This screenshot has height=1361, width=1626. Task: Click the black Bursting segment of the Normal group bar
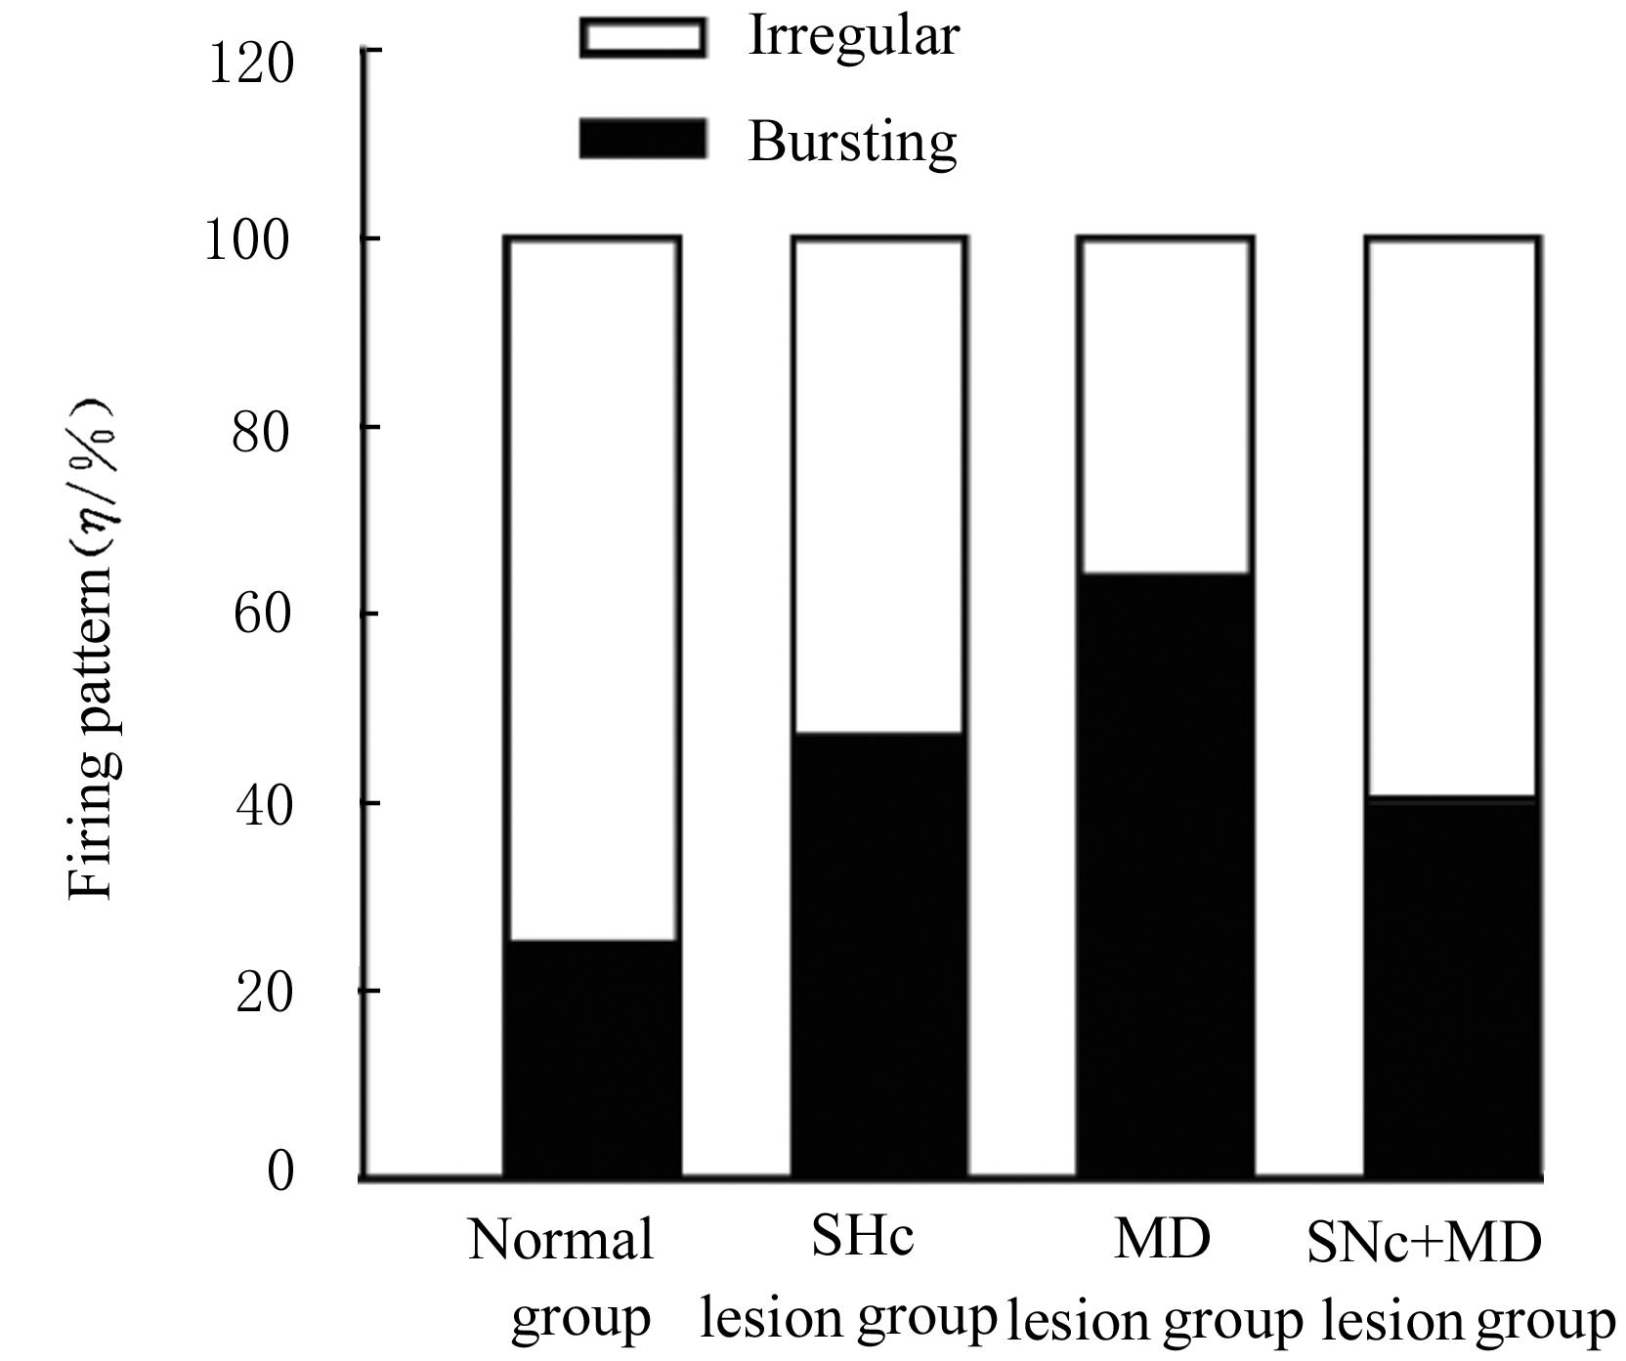592,1058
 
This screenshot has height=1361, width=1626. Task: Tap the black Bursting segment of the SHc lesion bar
879,954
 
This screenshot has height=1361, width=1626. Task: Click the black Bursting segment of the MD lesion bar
1165,874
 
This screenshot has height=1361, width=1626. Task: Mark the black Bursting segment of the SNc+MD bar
1452,987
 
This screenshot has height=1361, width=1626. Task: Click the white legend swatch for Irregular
642,38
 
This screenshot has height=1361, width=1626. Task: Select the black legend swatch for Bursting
642,139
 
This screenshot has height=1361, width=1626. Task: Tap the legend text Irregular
853,38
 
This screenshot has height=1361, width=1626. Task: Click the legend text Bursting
852,143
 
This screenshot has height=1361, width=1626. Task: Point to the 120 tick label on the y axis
251,64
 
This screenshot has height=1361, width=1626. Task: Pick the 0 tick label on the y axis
279,1170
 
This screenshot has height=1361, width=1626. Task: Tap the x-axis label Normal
561,1241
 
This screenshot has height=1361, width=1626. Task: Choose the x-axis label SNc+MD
1423,1243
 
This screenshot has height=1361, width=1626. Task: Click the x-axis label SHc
863,1237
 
